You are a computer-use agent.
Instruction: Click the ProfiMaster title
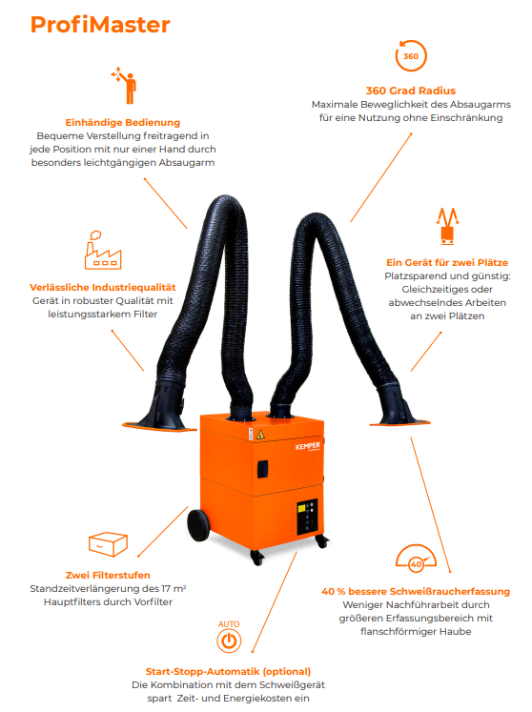[x=100, y=25]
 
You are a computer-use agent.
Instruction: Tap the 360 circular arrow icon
[x=411, y=56]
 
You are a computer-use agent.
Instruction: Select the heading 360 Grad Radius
[x=411, y=91]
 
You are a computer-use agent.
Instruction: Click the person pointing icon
[x=124, y=86]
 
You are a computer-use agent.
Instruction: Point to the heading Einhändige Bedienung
[x=123, y=123]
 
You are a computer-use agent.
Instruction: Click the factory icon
[x=103, y=250]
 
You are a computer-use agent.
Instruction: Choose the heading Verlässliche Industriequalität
[x=103, y=288]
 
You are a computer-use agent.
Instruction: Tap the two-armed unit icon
[x=447, y=226]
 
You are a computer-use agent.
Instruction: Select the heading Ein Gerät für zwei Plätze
[x=447, y=262]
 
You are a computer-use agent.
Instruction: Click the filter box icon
[x=108, y=544]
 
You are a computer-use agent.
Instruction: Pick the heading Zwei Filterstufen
[x=108, y=576]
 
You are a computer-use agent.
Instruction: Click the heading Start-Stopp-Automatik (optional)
[x=228, y=672]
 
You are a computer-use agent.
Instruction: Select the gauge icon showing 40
[x=416, y=558]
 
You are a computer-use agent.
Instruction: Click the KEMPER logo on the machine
[x=308, y=446]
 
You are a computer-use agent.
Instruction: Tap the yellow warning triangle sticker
[x=260, y=434]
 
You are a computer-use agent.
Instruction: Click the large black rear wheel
[x=198, y=525]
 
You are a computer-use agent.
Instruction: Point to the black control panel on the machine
[x=308, y=517]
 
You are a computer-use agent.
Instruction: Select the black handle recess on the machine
[x=262, y=469]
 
